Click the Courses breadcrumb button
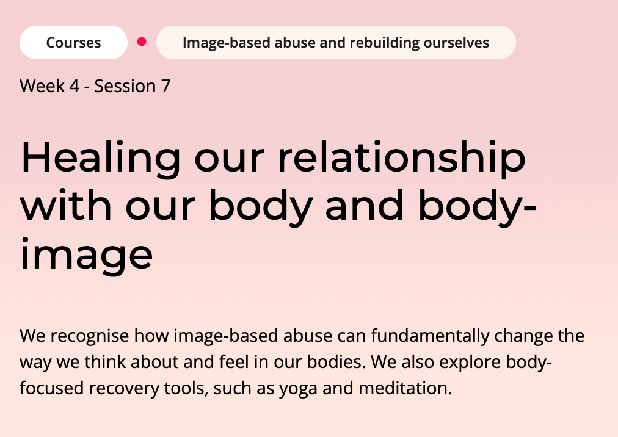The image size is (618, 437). [73, 43]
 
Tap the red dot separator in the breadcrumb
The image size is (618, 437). [142, 42]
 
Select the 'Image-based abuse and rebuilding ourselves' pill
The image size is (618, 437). [336, 43]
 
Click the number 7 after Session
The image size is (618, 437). [165, 86]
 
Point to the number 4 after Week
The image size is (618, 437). [75, 86]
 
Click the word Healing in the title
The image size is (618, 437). [101, 157]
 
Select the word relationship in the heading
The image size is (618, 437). [402, 157]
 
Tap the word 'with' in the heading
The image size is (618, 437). [66, 205]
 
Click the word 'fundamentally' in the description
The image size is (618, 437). [429, 336]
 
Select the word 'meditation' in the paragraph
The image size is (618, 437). [405, 389]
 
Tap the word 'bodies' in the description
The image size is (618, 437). [336, 362]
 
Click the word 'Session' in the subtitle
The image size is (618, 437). [125, 86]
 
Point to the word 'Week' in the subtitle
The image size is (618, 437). [42, 86]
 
